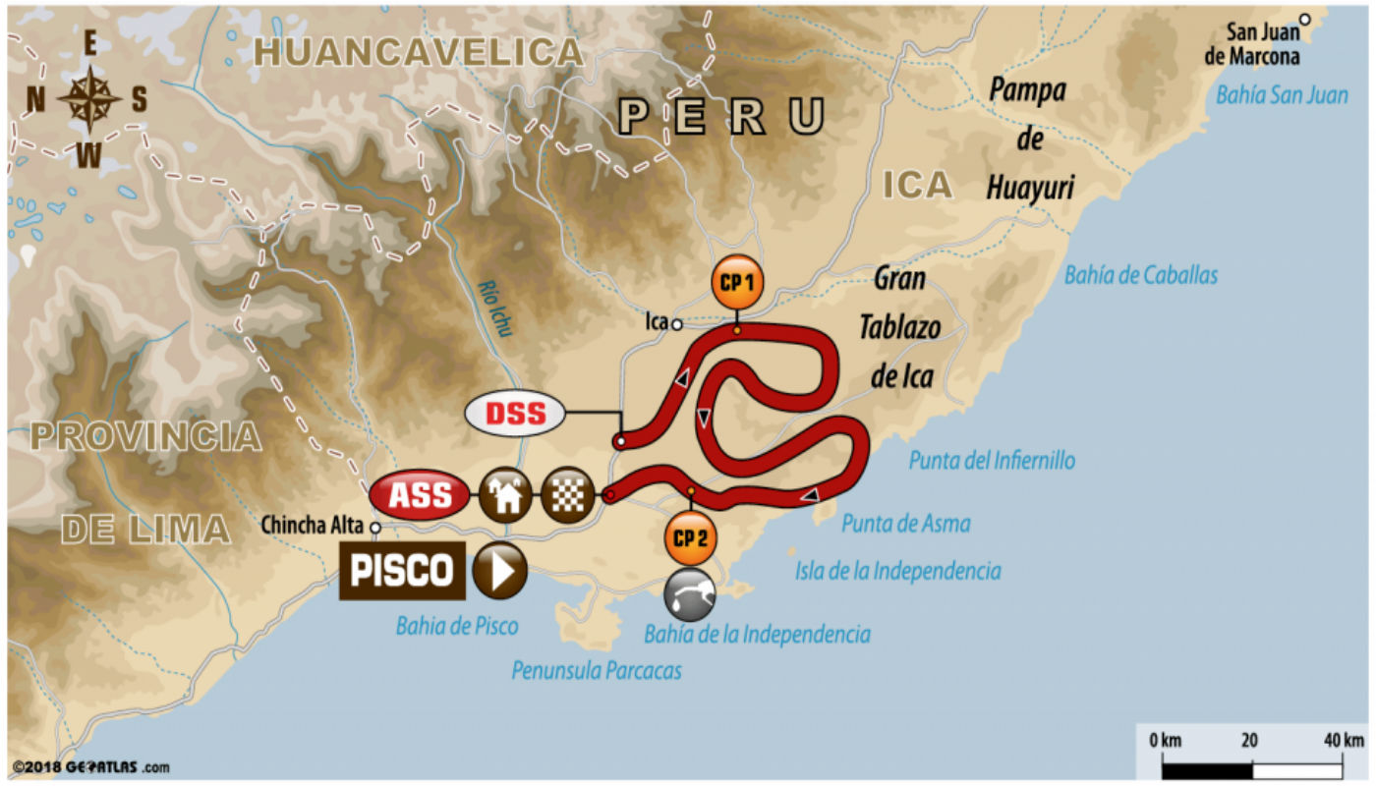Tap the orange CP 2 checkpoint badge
point(691,537)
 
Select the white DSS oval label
point(515,414)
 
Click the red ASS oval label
point(419,495)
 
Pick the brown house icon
point(505,495)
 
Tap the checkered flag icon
point(568,495)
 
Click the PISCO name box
point(402,571)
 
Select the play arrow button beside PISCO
point(499,571)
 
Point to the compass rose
point(89,98)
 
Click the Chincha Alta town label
point(312,527)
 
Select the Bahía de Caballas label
point(1141,275)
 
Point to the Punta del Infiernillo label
point(991,460)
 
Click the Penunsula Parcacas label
point(597,670)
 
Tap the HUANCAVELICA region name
point(419,52)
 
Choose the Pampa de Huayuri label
point(1028,139)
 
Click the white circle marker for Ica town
point(677,323)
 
